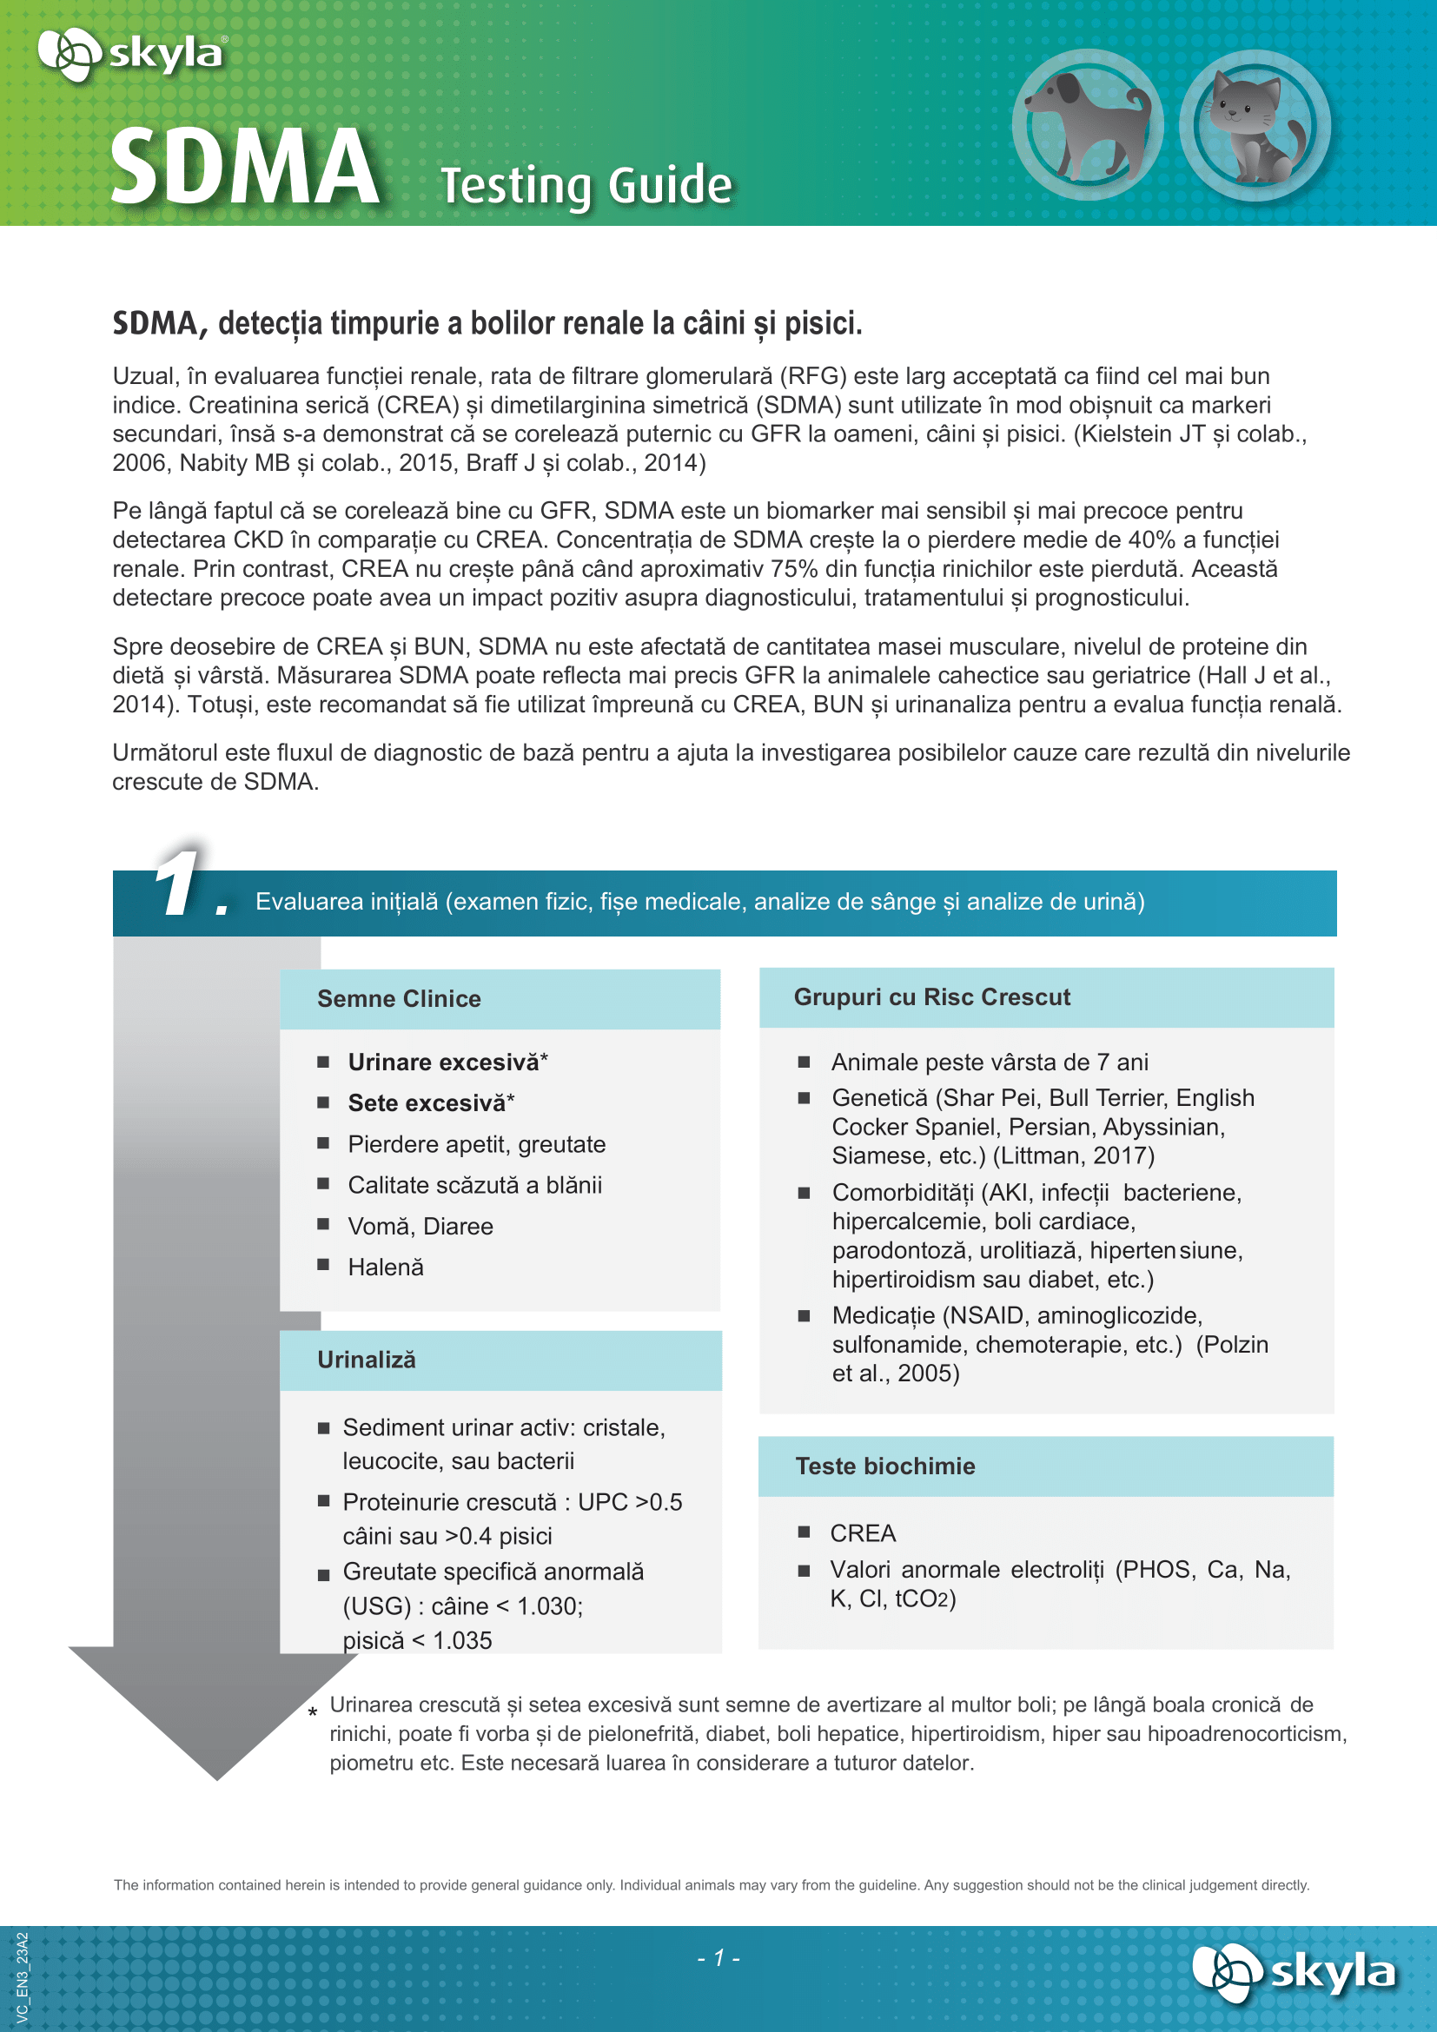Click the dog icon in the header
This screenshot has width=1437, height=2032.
pyautogui.click(x=1087, y=126)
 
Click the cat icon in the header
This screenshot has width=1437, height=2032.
pyautogui.click(x=1255, y=126)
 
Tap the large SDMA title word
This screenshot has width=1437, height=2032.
pyautogui.click(x=245, y=168)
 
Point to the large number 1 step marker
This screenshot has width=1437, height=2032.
pyautogui.click(x=180, y=883)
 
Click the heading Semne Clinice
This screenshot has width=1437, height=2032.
pyautogui.click(x=399, y=999)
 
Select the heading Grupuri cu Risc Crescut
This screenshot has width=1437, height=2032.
pyautogui.click(x=931, y=997)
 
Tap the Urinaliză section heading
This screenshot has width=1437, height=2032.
pyautogui.click(x=367, y=1360)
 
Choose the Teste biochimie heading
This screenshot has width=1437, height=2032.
pyautogui.click(x=884, y=1466)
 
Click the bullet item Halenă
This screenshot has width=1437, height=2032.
pyautogui.click(x=386, y=1268)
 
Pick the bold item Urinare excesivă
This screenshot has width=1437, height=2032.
pyautogui.click(x=443, y=1062)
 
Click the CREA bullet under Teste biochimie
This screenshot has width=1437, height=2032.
pyautogui.click(x=863, y=1532)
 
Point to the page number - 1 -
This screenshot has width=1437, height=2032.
pyautogui.click(x=718, y=1958)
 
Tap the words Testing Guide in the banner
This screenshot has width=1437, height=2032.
pyautogui.click(x=586, y=186)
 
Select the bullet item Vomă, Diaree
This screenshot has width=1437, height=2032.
pyautogui.click(x=421, y=1227)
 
